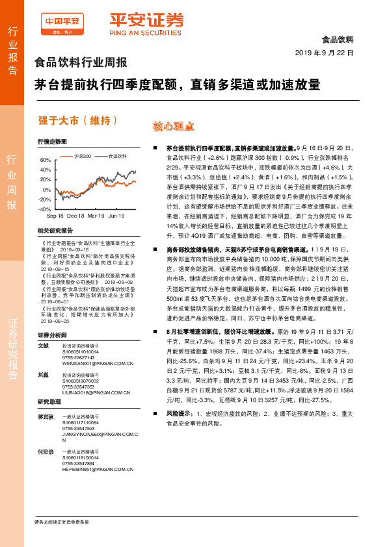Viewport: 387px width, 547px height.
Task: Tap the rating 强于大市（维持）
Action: (x=79, y=120)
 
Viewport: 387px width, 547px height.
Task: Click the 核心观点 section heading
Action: (x=193, y=126)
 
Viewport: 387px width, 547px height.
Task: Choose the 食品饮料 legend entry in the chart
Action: (x=117, y=156)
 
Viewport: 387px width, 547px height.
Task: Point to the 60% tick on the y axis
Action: (x=46, y=159)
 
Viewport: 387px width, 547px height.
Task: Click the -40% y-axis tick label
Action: (x=44, y=209)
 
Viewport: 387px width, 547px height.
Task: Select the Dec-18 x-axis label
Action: (x=76, y=214)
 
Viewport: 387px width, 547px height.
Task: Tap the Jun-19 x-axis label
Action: (x=116, y=214)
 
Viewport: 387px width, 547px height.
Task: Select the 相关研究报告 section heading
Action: (x=55, y=231)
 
